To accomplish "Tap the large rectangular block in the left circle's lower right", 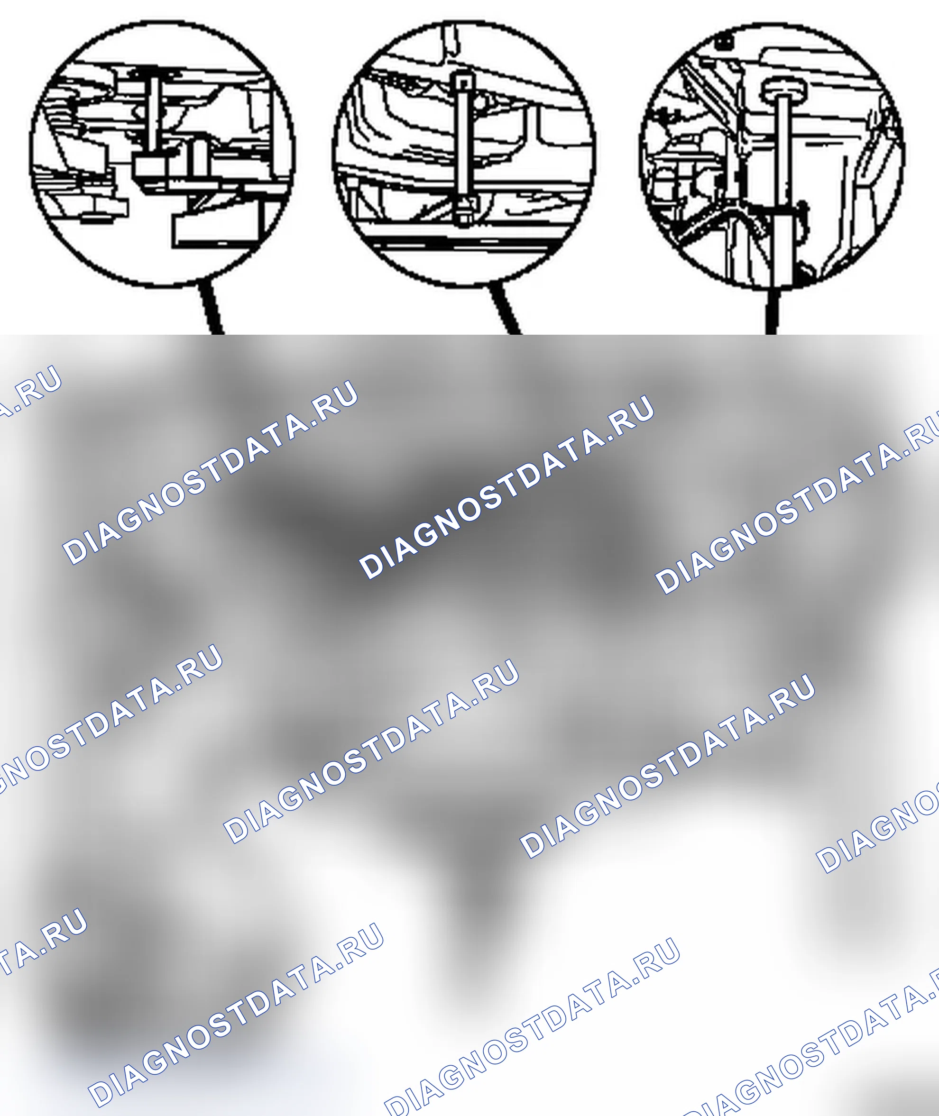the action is pos(218,230).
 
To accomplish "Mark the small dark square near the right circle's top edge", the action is pos(722,42).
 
